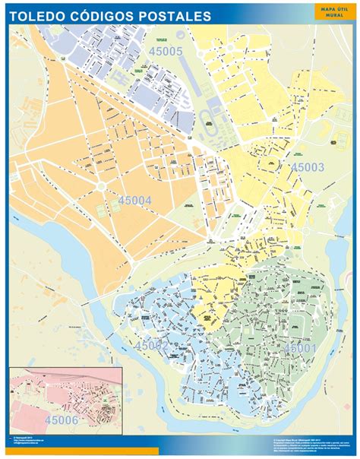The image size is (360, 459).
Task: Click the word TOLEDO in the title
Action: (x=38, y=15)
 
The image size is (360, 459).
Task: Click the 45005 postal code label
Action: (x=166, y=52)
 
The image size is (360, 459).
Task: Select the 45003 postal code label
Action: (x=308, y=167)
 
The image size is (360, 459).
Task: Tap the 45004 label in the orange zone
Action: (x=135, y=200)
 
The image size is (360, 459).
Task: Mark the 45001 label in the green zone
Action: (x=300, y=347)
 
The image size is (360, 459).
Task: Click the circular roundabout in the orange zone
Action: (x=101, y=186)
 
